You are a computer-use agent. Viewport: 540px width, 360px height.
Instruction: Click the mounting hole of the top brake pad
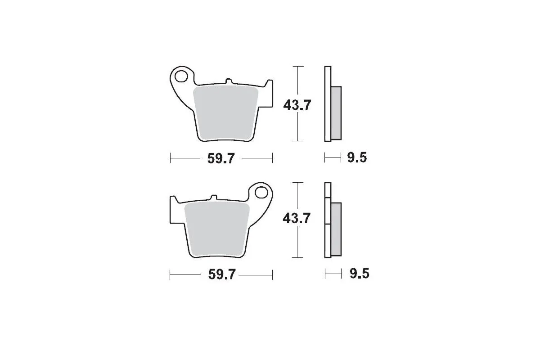[x=182, y=76]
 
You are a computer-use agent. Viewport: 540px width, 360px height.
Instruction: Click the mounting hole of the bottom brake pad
[x=261, y=192]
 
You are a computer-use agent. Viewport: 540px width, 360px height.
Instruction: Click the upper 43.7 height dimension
[x=297, y=105]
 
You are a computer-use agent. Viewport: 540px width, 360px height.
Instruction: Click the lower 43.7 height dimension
[x=297, y=219]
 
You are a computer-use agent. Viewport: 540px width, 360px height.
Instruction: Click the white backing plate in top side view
[x=327, y=103]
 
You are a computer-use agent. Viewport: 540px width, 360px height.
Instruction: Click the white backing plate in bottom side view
[x=327, y=220]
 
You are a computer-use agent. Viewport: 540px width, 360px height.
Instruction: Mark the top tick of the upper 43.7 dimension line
[x=297, y=67]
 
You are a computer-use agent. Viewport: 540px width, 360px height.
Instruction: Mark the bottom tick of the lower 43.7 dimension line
[x=297, y=258]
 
